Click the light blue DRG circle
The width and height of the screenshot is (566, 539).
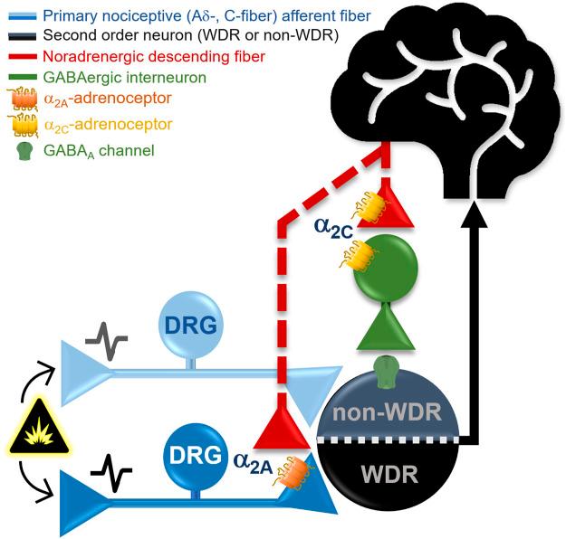pyautogui.click(x=191, y=324)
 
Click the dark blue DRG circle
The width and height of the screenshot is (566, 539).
pyautogui.click(x=196, y=455)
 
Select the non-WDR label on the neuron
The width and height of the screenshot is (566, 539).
pyautogui.click(x=387, y=411)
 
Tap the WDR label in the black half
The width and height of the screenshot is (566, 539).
pyautogui.click(x=389, y=474)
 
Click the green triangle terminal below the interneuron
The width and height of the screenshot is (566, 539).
pyautogui.click(x=386, y=326)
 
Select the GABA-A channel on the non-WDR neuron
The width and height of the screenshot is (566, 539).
pyautogui.click(x=385, y=372)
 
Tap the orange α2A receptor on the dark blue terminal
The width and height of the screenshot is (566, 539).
pyautogui.click(x=293, y=471)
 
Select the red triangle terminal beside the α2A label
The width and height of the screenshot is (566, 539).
pyautogui.click(x=282, y=426)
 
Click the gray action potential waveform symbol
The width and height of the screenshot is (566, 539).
pyautogui.click(x=107, y=341)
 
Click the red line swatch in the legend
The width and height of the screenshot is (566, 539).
pyautogui.click(x=23, y=56)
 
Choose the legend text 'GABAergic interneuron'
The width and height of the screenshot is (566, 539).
pyautogui.click(x=125, y=77)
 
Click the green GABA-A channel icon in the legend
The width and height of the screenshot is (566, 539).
pyautogui.click(x=24, y=150)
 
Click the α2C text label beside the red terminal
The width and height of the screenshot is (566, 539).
pyautogui.click(x=333, y=228)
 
